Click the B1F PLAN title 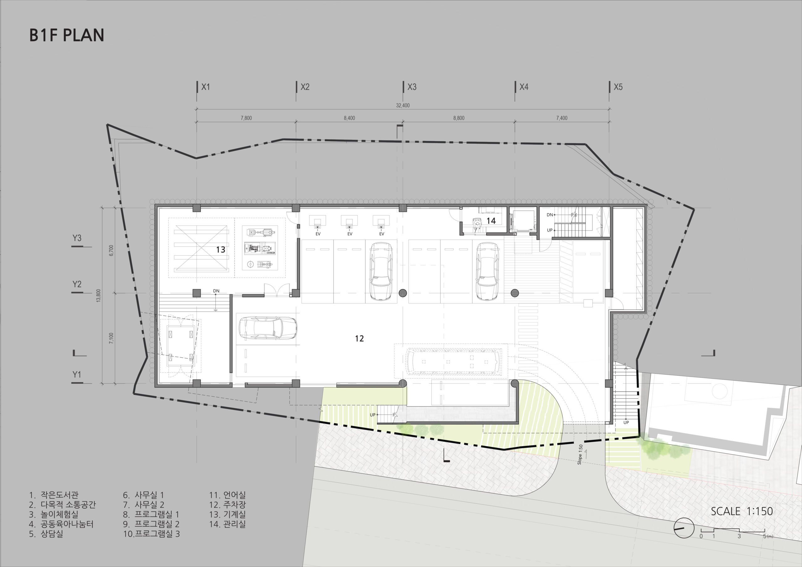coord(67,35)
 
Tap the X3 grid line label coord(412,87)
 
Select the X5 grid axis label coord(618,87)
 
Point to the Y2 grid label coord(77,284)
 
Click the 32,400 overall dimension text coord(403,106)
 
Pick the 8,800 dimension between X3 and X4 coord(459,118)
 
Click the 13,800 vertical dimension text coord(98,295)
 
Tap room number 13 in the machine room coord(221,249)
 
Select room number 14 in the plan coord(491,221)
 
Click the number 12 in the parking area coord(359,338)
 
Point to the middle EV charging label coord(350,234)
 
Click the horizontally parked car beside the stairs coord(267,328)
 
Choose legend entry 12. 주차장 coord(227,504)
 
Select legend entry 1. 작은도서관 coord(54,495)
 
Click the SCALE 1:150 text coord(742,511)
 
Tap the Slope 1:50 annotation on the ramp coord(580,454)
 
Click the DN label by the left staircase coord(216,291)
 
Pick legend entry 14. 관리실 coord(227,524)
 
